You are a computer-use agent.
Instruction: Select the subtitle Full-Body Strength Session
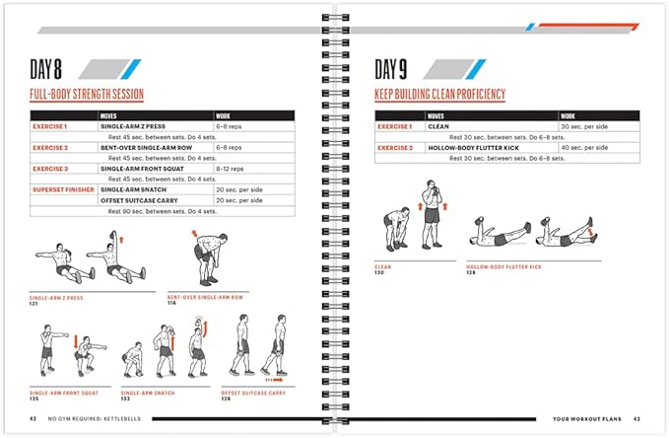(87, 95)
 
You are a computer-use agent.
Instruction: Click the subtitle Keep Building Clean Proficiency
(440, 95)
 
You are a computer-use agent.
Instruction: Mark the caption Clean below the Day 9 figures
(382, 266)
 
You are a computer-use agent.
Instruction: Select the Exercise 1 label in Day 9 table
(397, 126)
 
